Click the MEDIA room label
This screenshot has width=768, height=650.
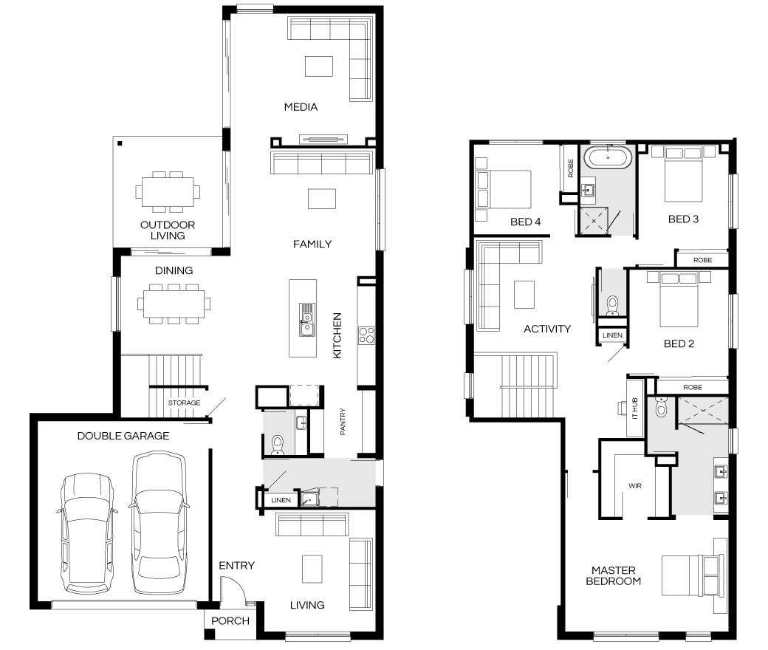pos(301,107)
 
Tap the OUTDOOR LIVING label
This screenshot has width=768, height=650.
pos(168,230)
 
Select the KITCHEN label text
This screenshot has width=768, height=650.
pos(337,335)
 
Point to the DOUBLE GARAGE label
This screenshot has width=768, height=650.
pos(123,436)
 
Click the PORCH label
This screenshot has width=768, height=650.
pos(230,620)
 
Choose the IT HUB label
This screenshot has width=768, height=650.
pos(635,408)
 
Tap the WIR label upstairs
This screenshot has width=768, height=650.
pos(635,486)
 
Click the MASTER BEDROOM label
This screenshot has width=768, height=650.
pos(613,575)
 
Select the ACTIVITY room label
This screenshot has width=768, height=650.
pos(547,329)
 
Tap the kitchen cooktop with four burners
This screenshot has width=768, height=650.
pos(366,335)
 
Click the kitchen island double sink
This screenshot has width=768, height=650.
pos(307,321)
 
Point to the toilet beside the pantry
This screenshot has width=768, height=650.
pos(277,445)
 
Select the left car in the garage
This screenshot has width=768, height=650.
pos(86,533)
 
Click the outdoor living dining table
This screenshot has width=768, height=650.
pos(168,191)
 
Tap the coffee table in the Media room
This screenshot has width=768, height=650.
pos(319,66)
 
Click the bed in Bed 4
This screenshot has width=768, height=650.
pos(503,189)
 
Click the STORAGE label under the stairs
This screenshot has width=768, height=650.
pos(184,403)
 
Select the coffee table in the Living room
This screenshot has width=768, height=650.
pos(312,569)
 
